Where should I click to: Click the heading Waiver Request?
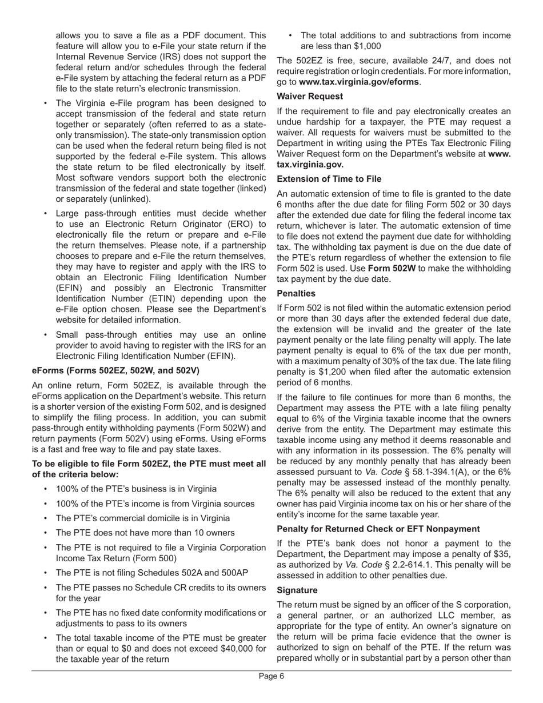[310, 96]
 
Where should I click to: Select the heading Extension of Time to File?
[329, 179]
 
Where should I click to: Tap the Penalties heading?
[296, 293]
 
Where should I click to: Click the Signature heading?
[297, 590]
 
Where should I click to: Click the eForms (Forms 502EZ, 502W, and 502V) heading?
[115, 370]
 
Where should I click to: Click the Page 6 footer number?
[271, 677]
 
